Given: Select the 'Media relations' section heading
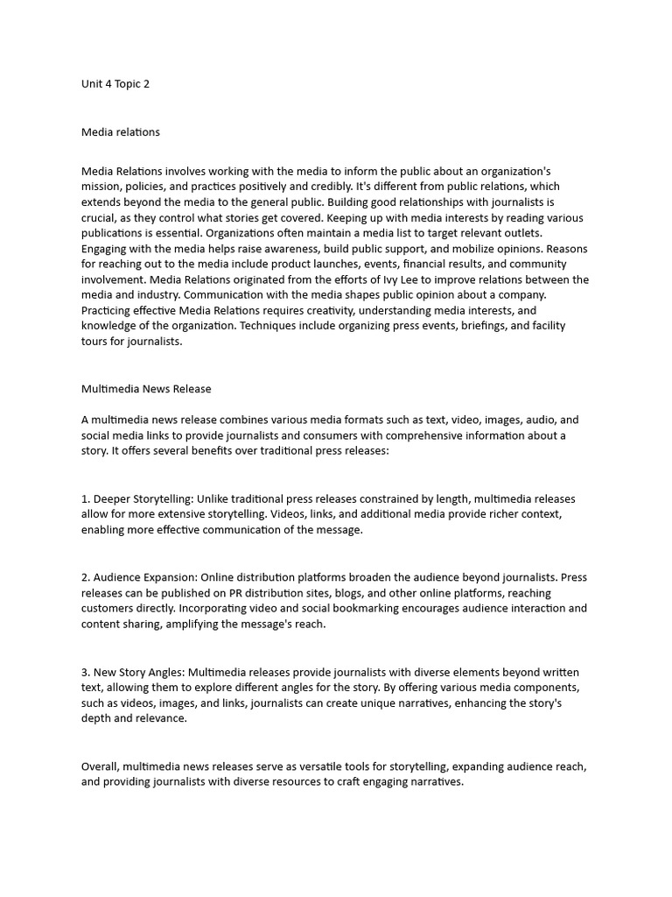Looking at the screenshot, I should [121, 132].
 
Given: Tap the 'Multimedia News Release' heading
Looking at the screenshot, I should [146, 388].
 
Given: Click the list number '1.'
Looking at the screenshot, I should [85, 498].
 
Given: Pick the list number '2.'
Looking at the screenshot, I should [86, 577].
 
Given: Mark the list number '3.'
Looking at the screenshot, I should [86, 672].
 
